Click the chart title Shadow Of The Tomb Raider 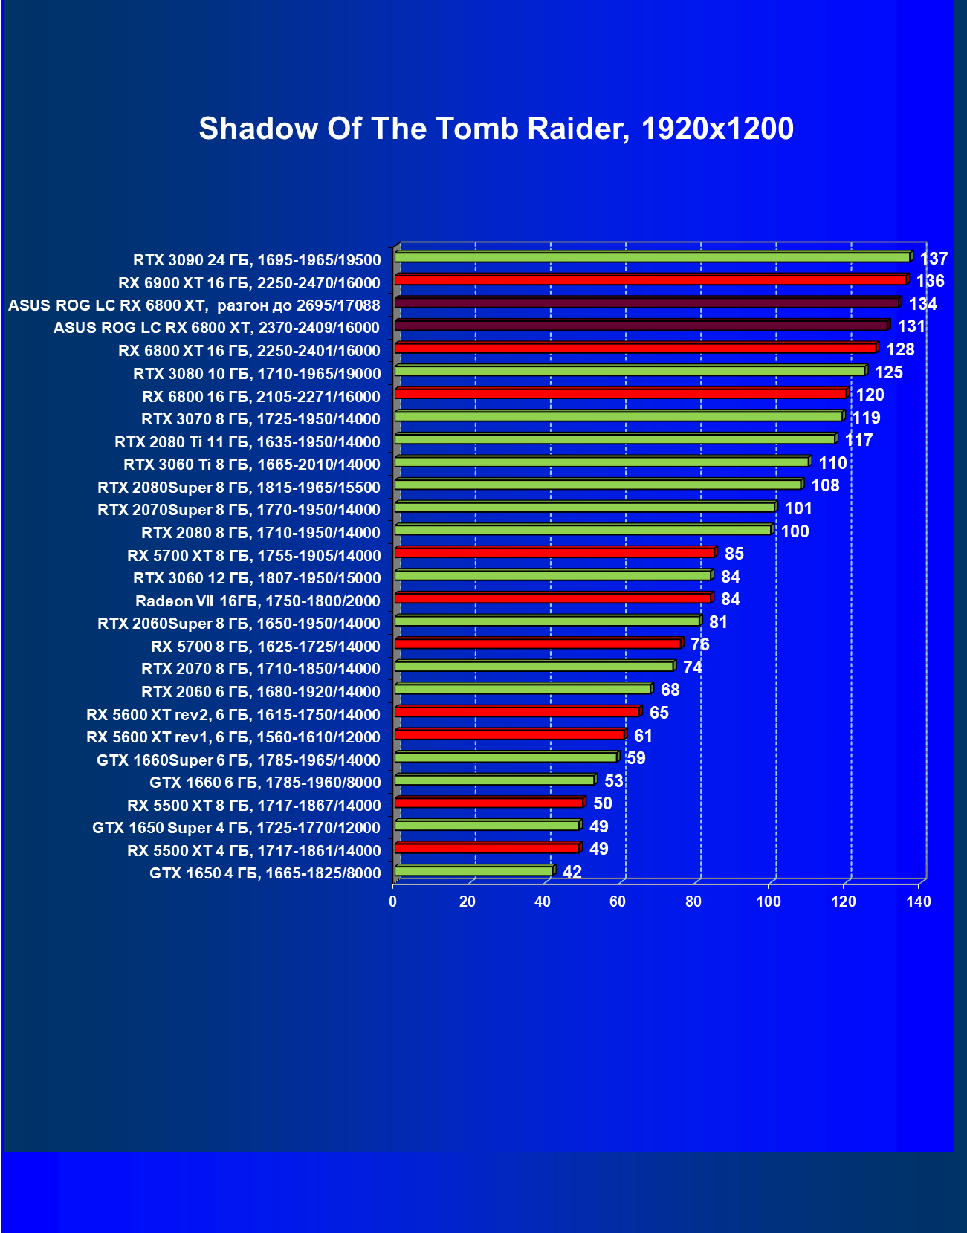[496, 129]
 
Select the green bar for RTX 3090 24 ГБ [653, 257]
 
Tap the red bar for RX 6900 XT [650, 280]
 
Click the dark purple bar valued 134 [647, 302]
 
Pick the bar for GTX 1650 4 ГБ [473, 870]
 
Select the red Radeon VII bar [553, 598]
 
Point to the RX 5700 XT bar [554, 552]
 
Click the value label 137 [934, 259]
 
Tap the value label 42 [572, 872]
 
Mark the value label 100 [795, 531]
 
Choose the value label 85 [734, 554]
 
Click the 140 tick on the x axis [919, 902]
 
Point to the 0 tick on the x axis [393, 902]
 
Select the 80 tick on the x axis [693, 902]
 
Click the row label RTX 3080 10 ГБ [256, 373]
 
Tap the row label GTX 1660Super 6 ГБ [238, 760]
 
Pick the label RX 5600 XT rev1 [233, 737]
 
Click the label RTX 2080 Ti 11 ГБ [247, 441]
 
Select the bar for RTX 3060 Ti [602, 462]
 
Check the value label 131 [911, 326]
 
